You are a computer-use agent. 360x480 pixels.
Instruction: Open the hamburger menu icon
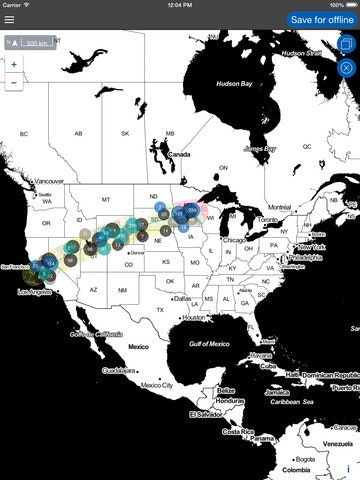pyautogui.click(x=10, y=19)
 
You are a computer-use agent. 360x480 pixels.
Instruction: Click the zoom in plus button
pyautogui.click(x=14, y=64)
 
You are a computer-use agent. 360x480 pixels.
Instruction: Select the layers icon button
pyautogui.click(x=347, y=45)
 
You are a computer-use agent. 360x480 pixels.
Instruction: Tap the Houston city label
pyautogui.click(x=195, y=317)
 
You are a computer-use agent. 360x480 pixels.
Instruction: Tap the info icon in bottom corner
pyautogui.click(x=348, y=468)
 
